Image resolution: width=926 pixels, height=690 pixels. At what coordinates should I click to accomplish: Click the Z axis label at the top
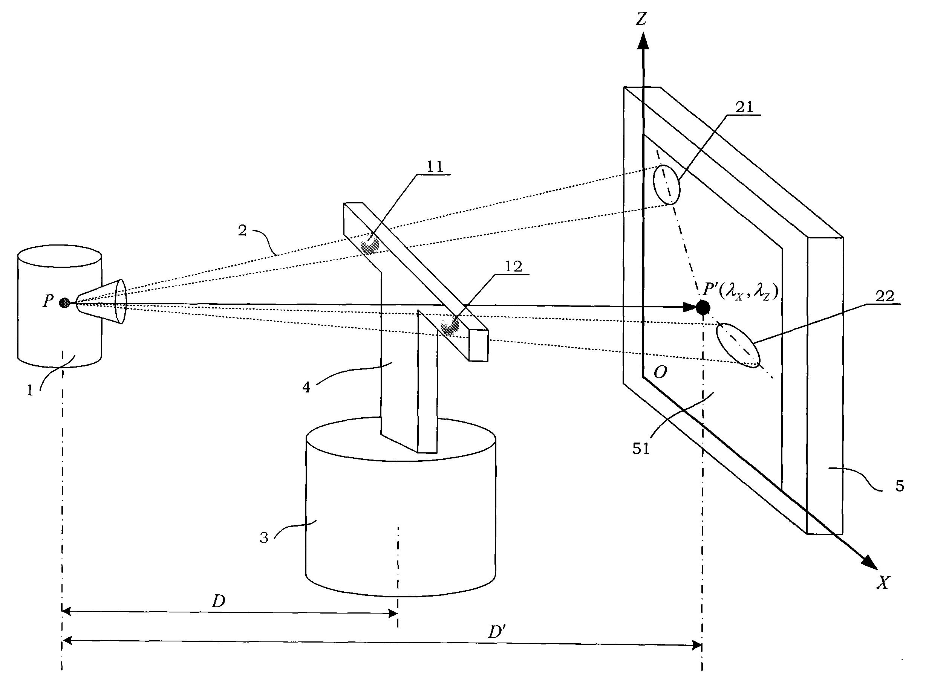point(641,19)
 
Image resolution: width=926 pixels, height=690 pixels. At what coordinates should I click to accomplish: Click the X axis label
point(883,582)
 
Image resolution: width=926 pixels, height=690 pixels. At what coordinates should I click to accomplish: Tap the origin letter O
point(660,372)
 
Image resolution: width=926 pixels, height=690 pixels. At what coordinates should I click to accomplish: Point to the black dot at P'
point(703,307)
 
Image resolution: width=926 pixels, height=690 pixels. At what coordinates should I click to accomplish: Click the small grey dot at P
point(64,303)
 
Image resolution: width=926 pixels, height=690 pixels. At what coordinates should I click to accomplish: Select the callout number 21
point(744,107)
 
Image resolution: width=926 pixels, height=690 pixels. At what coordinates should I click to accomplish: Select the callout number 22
point(885,296)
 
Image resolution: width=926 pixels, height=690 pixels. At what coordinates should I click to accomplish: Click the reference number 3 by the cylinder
point(264,537)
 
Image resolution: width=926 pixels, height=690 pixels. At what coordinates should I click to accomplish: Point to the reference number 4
point(306,388)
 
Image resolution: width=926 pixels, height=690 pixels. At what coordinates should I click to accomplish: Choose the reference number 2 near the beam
point(242,231)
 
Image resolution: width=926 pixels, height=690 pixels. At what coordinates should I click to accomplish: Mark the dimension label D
point(218,601)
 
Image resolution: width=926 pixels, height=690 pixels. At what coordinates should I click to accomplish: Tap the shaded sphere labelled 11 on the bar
point(369,244)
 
